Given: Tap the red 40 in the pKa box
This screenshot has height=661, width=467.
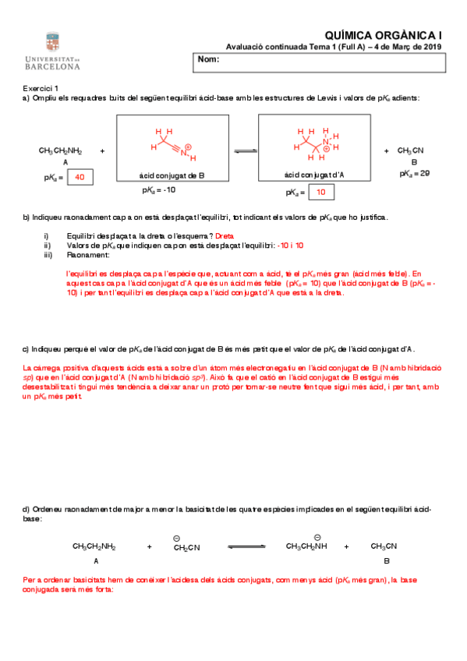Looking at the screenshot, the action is tap(80, 178).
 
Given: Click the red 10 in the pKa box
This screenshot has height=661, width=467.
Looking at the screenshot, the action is tap(320, 192).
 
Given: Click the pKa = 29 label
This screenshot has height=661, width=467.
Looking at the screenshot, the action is tap(414, 173).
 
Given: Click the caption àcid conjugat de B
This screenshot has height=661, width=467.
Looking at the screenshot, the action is tap(172, 176).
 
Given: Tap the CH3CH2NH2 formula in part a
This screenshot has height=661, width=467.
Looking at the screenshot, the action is tap(60, 150).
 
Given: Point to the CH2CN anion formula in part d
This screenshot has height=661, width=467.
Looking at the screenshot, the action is tap(186, 547).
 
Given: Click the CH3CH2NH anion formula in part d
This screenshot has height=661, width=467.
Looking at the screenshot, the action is tap(306, 546).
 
